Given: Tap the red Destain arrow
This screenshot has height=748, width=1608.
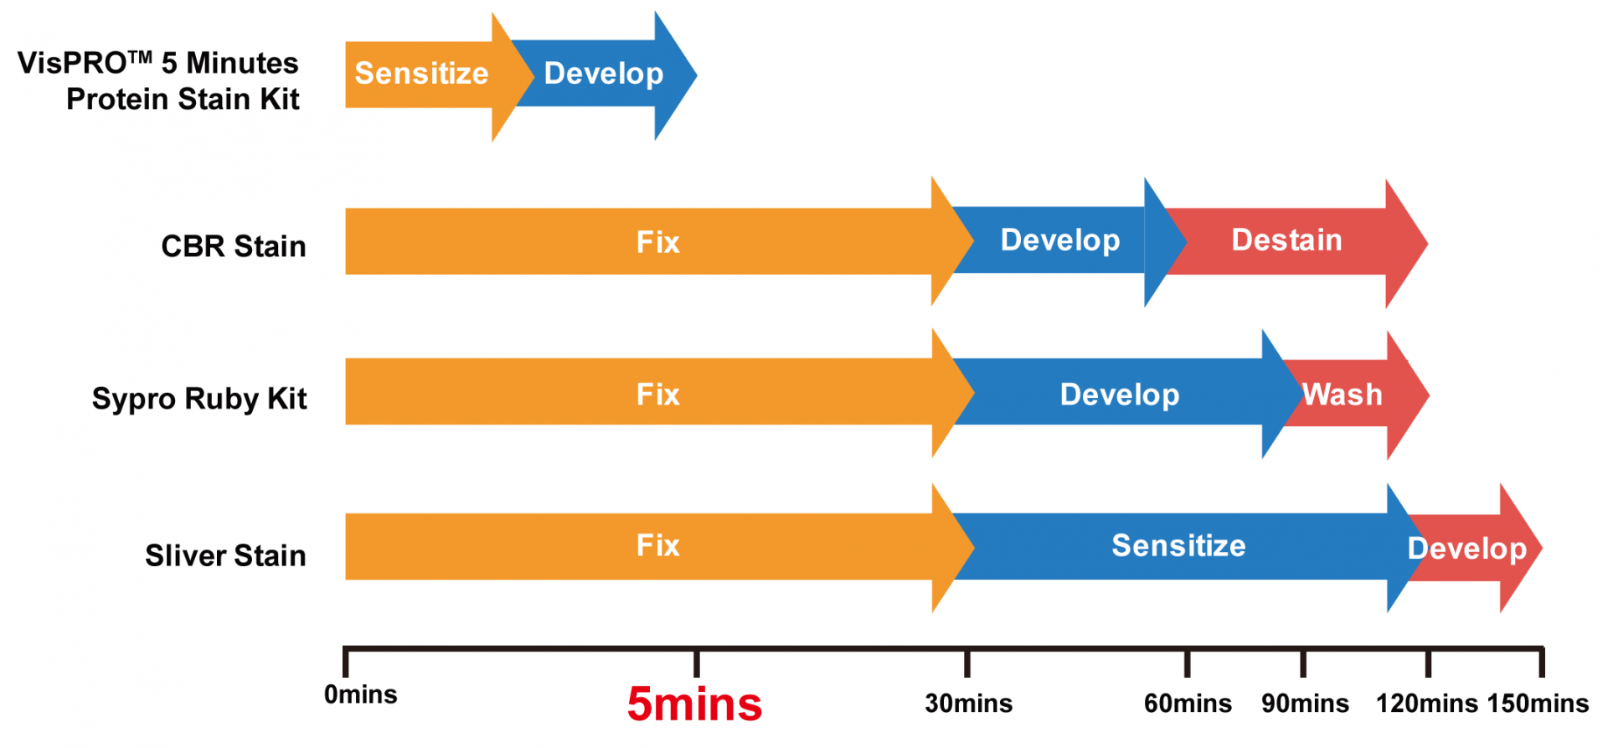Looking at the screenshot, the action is (x=1294, y=243).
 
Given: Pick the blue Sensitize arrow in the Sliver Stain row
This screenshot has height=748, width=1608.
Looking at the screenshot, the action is (x=1181, y=547).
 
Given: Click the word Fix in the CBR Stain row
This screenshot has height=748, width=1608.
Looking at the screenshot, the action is (x=658, y=243).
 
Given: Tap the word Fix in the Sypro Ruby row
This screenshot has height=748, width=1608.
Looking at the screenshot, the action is (x=658, y=395).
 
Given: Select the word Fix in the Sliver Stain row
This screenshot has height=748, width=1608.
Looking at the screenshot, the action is (x=658, y=546).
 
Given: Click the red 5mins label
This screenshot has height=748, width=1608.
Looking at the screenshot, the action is (x=695, y=704).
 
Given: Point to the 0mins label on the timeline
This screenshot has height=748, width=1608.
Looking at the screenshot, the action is (x=361, y=694).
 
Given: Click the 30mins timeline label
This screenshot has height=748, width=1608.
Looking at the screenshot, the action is (x=969, y=704).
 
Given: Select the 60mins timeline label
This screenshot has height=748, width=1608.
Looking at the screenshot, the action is (x=1188, y=704).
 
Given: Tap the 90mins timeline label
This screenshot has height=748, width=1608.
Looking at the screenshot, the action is (x=1306, y=704).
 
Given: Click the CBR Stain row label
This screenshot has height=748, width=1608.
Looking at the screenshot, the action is (x=234, y=246).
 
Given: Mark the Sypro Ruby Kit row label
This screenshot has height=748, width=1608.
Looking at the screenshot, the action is (x=199, y=399).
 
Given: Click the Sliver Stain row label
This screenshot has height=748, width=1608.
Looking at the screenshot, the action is (x=225, y=555).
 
